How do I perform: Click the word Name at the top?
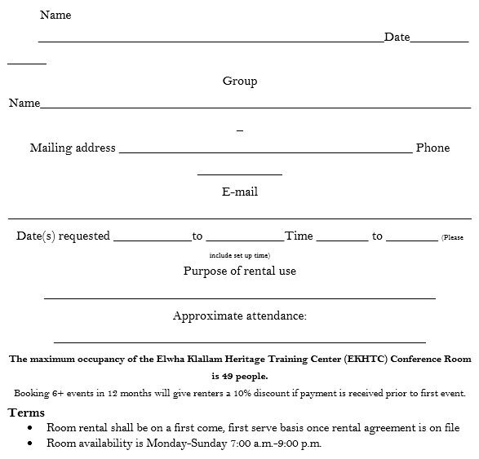pyautogui.click(x=55, y=15)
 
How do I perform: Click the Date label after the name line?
pyautogui.click(x=397, y=37)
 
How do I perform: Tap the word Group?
pyautogui.click(x=240, y=81)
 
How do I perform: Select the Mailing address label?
pyautogui.click(x=73, y=148)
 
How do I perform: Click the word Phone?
pyautogui.click(x=432, y=148)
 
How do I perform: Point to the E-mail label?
pyautogui.click(x=240, y=192)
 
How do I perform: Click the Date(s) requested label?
pyautogui.click(x=63, y=236)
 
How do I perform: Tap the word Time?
pyautogui.click(x=299, y=236)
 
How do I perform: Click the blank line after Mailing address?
pyautogui.click(x=265, y=152)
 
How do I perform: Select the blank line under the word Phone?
pyautogui.click(x=240, y=174)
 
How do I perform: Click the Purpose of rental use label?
pyautogui.click(x=240, y=271)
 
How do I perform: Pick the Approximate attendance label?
pyautogui.click(x=240, y=316)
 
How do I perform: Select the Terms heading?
pyautogui.click(x=26, y=413)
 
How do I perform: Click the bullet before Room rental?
pyautogui.click(x=30, y=427)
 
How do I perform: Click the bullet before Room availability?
pyautogui.click(x=30, y=444)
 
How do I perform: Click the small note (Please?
pyautogui.click(x=452, y=237)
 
